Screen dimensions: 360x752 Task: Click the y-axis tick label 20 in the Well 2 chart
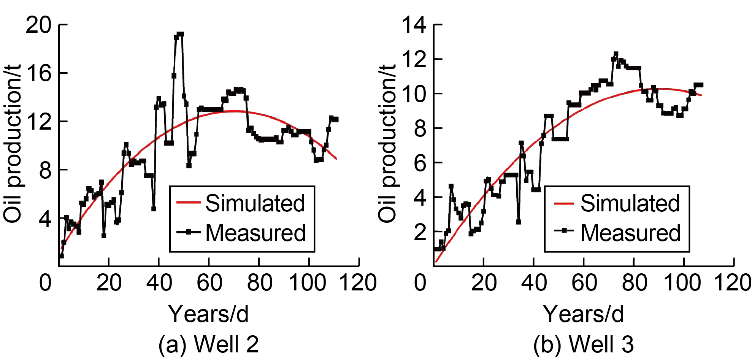38,25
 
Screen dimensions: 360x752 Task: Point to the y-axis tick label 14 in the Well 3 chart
414,25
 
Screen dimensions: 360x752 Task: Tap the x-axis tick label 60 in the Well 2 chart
209,283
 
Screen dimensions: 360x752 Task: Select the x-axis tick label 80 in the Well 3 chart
634,283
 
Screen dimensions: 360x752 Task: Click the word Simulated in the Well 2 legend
255,203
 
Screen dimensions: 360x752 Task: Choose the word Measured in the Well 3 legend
630,233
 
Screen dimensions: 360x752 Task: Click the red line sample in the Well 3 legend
563,203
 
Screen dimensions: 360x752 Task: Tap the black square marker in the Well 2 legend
189,232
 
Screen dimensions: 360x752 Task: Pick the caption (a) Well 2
208,344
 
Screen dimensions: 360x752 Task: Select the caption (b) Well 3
583,344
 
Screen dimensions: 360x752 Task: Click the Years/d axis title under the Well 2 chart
208,314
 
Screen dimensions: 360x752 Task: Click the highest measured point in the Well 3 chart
616,54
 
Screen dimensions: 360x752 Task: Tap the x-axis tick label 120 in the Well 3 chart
732,283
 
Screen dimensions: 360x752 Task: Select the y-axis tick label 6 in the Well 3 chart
420,163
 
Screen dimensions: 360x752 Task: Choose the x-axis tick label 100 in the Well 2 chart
307,283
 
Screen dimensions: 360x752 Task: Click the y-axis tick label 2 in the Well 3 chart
420,232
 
